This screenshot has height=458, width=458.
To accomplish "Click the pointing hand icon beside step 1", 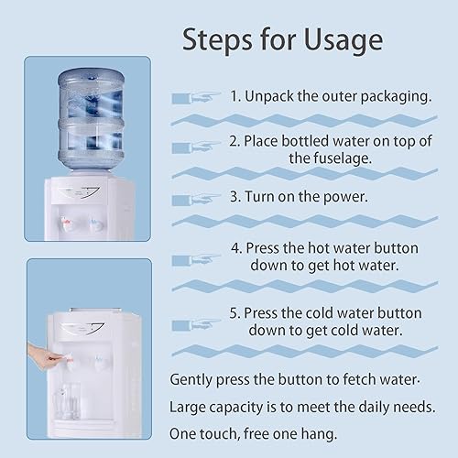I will coord(193,95).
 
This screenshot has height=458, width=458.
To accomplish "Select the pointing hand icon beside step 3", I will coord(193,197).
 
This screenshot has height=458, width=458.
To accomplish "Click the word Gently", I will coord(194,379).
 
